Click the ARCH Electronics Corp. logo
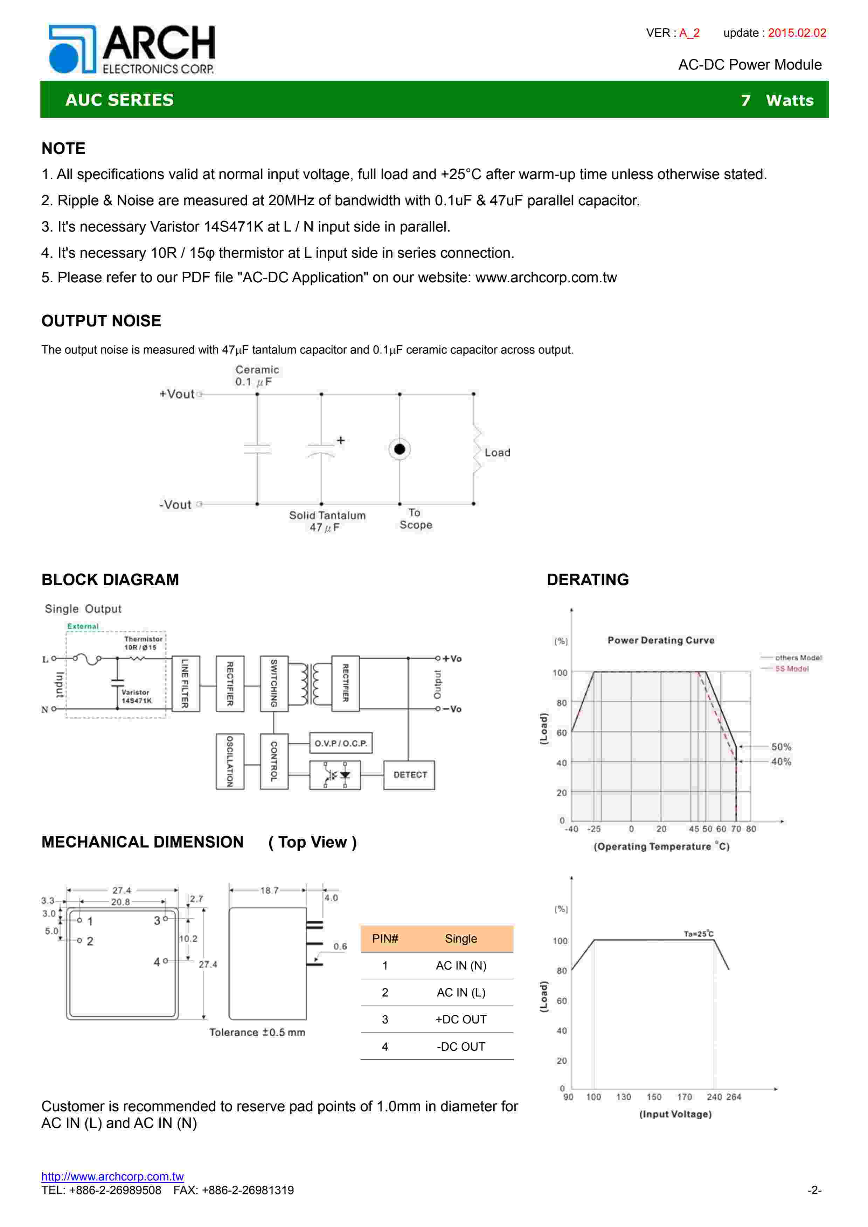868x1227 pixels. point(132,49)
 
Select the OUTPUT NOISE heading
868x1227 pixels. point(101,321)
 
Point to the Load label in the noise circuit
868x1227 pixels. point(497,453)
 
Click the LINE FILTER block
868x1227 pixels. point(186,683)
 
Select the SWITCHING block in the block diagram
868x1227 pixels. point(274,683)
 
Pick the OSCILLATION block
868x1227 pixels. point(230,761)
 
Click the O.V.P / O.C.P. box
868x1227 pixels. point(341,743)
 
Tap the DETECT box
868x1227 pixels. point(409,774)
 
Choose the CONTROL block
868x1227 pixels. point(274,761)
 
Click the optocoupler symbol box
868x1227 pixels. point(335,775)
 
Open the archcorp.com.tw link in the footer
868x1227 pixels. point(112,1176)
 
